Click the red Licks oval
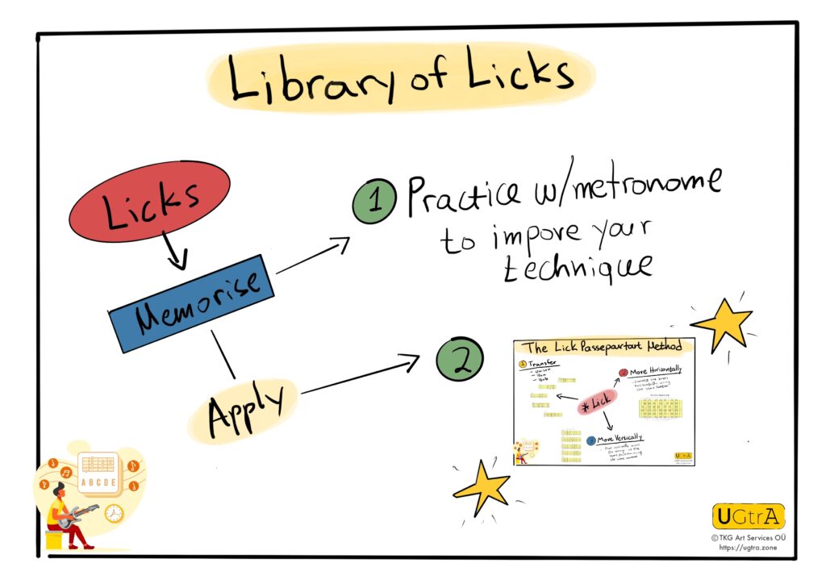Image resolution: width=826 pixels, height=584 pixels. pyautogui.click(x=148, y=202)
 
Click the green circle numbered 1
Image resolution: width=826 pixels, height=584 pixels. pyautogui.click(x=373, y=202)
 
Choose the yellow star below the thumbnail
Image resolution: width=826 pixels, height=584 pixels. pyautogui.click(x=482, y=486)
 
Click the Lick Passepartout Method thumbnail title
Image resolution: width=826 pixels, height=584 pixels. pyautogui.click(x=603, y=347)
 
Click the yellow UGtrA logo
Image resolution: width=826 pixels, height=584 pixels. pyautogui.click(x=748, y=516)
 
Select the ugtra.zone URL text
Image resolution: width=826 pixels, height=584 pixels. pyautogui.click(x=748, y=547)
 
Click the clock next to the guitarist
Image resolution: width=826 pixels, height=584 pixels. pyautogui.click(x=114, y=512)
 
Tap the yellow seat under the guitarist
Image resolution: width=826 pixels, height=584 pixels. pyautogui.click(x=55, y=538)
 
